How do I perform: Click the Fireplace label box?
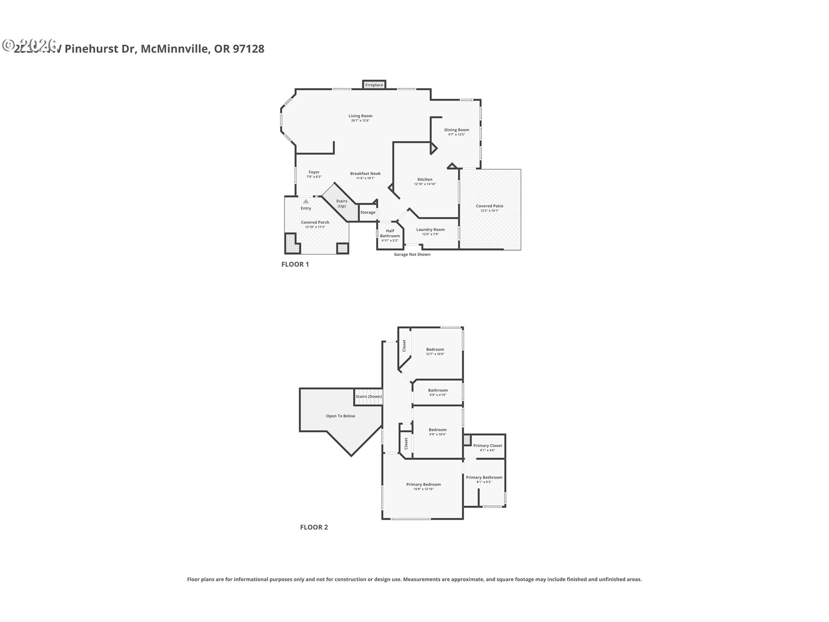tap(374, 85)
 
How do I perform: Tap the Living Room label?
tap(360, 116)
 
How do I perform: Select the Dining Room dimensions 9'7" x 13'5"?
tap(456, 135)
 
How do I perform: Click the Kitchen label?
tap(424, 179)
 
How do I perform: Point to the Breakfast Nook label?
tap(365, 174)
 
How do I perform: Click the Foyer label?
tap(314, 172)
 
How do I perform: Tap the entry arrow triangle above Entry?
tap(306, 201)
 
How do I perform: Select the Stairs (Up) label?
tap(342, 203)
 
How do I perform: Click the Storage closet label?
tap(368, 213)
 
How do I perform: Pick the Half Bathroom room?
tap(390, 235)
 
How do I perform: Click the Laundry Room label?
tap(430, 230)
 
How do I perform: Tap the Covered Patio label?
tap(490, 206)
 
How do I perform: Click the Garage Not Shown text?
tap(412, 254)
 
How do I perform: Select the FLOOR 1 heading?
tap(295, 264)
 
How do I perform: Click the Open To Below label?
tap(340, 416)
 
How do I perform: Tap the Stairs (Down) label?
tap(368, 397)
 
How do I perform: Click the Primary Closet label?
tap(487, 445)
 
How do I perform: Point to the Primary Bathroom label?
tap(484, 477)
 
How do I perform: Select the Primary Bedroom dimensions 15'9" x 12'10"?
tap(423, 489)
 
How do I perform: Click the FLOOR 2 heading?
tap(314, 527)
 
